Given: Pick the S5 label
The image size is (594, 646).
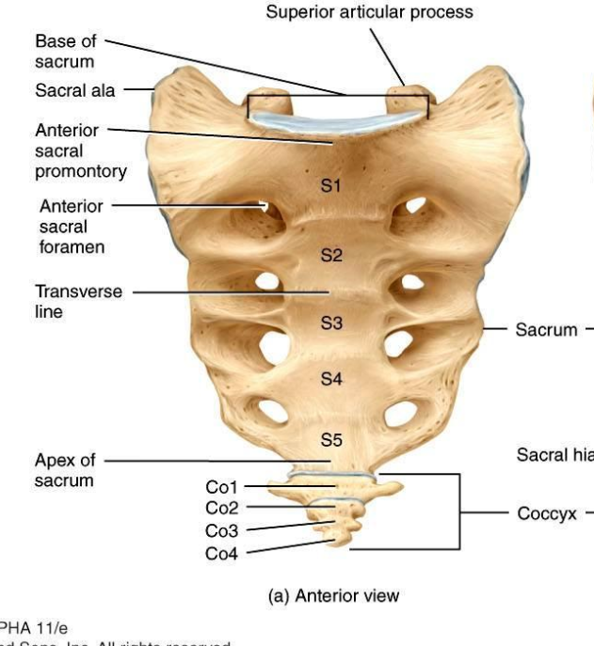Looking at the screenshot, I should (x=330, y=438).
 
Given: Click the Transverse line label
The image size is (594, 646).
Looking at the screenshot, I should (x=78, y=301).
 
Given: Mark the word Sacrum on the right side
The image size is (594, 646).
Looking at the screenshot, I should (x=547, y=330).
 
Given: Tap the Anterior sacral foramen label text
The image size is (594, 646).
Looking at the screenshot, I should (x=72, y=227).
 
